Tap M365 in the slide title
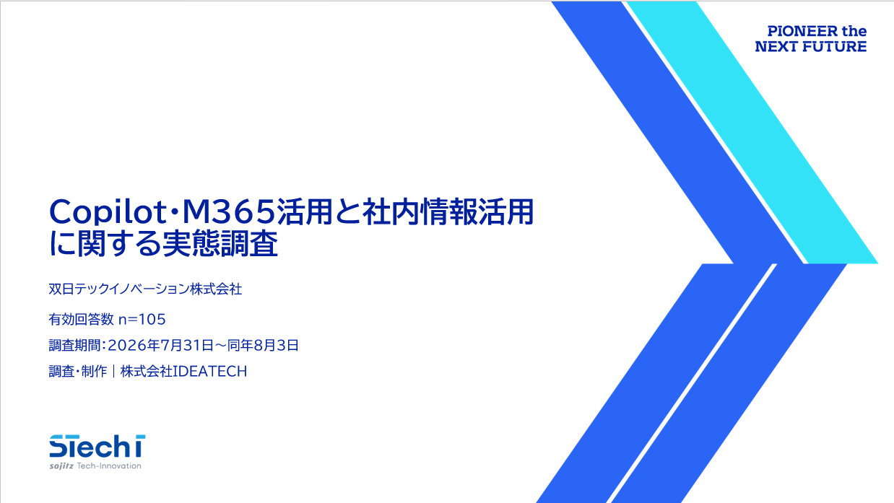tap(229, 211)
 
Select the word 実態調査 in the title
tap(220, 244)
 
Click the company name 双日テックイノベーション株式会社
tap(145, 289)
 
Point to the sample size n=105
tap(142, 319)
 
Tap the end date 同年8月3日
tap(263, 345)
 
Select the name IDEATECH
tap(210, 372)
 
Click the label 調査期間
tap(74, 345)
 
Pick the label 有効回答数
tap(82, 319)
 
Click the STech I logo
tap(97, 446)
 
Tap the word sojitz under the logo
tap(61, 466)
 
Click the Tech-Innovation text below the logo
tap(109, 466)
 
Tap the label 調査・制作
tap(78, 372)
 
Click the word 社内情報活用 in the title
tap(448, 211)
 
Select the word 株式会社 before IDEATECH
tap(146, 372)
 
